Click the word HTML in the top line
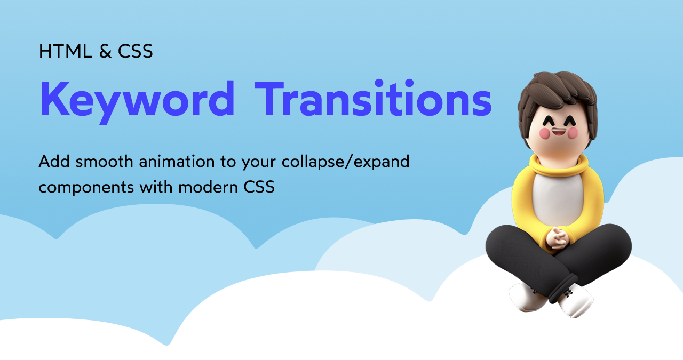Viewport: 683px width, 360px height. tap(65, 51)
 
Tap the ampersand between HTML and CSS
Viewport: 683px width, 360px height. tap(106, 51)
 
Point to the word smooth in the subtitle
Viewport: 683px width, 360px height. tap(104, 161)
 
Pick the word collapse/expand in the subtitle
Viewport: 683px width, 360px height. tap(345, 162)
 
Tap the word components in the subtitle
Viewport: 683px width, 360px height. tap(86, 188)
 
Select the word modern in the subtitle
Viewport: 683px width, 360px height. tap(208, 187)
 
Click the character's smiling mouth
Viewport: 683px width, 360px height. tap(559, 132)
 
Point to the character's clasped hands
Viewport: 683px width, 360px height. tap(558, 238)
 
